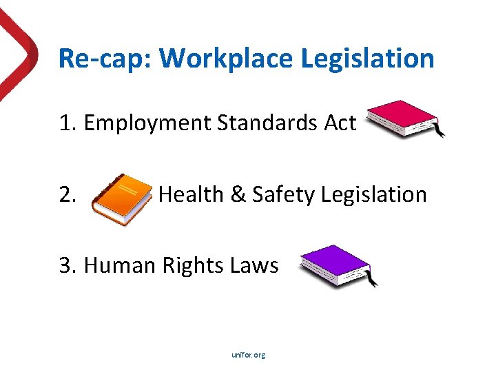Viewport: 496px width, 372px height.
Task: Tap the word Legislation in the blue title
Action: (x=368, y=59)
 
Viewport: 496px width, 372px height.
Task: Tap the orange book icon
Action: (x=121, y=198)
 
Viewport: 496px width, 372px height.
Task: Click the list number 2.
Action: (x=67, y=195)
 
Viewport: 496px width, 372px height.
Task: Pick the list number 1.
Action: (x=67, y=123)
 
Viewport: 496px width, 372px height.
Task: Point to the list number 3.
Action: (x=67, y=265)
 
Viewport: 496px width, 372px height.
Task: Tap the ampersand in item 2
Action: (x=238, y=194)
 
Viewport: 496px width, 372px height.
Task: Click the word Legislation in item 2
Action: (x=375, y=194)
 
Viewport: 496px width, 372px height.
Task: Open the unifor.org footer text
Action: (x=249, y=355)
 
